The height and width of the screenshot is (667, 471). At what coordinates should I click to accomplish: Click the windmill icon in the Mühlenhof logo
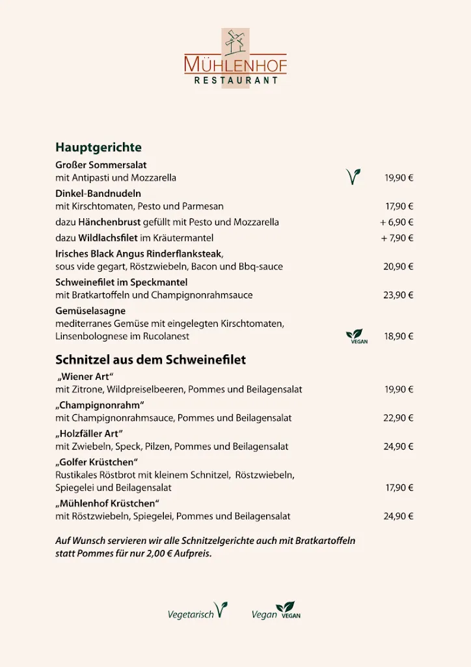click(x=235, y=42)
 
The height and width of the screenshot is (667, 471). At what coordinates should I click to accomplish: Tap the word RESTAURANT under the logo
click(x=236, y=81)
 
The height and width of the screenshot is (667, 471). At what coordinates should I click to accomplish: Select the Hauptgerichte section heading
click(x=98, y=147)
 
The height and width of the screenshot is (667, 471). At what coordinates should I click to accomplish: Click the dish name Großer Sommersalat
click(x=101, y=165)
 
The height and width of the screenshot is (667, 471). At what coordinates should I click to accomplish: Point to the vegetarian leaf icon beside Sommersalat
click(x=353, y=177)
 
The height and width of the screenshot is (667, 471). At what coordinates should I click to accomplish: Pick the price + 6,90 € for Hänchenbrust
click(x=397, y=222)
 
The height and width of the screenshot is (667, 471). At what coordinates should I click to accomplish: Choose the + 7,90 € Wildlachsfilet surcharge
click(x=397, y=238)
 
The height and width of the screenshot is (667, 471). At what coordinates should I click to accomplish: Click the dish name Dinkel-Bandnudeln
click(x=98, y=193)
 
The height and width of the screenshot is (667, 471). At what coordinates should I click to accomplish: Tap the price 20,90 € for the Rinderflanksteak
click(x=399, y=266)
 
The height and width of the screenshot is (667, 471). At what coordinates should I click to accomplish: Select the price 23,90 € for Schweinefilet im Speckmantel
click(x=399, y=295)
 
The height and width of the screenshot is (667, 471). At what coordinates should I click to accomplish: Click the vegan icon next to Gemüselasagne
click(x=356, y=336)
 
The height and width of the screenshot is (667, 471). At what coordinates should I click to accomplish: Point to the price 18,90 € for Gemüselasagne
click(x=399, y=337)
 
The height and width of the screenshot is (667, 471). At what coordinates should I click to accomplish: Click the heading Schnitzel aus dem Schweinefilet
click(x=150, y=360)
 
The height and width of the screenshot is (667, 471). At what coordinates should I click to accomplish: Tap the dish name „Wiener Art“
click(x=86, y=376)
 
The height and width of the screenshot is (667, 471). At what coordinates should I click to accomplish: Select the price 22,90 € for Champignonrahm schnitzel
click(x=399, y=418)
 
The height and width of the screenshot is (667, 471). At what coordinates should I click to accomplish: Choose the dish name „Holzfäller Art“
click(x=90, y=434)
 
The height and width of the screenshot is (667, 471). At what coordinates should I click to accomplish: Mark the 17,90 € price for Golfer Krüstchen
click(x=399, y=488)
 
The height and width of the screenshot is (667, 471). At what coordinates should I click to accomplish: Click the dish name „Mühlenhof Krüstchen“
click(x=107, y=504)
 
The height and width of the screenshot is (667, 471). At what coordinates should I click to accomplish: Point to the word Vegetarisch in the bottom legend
click(x=191, y=614)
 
